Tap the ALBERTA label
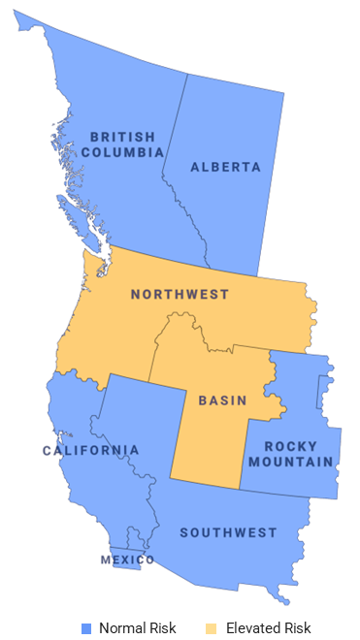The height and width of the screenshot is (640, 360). point(225,167)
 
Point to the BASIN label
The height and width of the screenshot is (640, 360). point(222,400)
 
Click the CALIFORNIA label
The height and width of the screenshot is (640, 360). point(90,450)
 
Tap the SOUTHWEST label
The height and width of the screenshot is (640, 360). point(228,532)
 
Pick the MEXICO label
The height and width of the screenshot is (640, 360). point(127,560)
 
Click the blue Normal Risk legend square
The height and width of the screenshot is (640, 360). point(86,627)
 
